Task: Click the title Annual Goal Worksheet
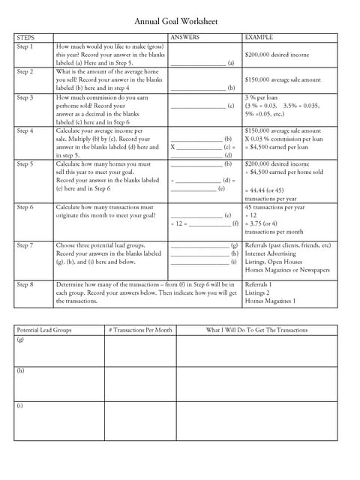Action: point(180,22)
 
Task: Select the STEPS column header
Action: point(25,37)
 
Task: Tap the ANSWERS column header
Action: point(185,37)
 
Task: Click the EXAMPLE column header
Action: point(259,37)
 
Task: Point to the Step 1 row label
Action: point(25,46)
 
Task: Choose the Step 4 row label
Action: point(25,130)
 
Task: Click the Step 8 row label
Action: point(25,285)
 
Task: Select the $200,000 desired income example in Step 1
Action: point(278,55)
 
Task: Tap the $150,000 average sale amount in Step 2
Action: point(283,79)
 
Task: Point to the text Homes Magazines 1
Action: point(270,301)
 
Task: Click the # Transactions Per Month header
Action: point(140,330)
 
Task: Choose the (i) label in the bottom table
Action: point(20,406)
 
